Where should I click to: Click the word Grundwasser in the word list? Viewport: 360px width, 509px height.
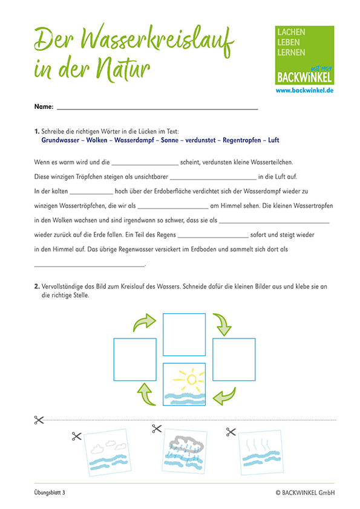pos(61,140)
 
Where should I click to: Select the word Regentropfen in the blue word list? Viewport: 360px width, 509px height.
pos(242,140)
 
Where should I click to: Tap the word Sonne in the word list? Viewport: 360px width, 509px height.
pos(169,140)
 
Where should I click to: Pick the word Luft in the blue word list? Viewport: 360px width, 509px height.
pos(273,140)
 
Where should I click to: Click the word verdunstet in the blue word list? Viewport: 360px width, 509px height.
pos(200,140)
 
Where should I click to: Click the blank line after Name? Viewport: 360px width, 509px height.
pos(157,109)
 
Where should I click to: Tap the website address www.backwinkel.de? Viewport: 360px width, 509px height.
pos(304,90)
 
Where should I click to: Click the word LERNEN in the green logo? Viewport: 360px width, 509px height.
pos(291,52)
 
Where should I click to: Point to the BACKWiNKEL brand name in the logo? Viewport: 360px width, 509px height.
pos(304,77)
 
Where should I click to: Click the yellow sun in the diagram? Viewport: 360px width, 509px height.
pos(191,379)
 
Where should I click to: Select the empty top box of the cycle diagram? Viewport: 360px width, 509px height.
pos(184,334)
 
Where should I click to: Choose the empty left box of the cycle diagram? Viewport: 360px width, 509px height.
pos(135,359)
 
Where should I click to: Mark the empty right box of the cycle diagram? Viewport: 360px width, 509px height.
pos(234,359)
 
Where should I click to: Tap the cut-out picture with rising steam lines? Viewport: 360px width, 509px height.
pos(261,452)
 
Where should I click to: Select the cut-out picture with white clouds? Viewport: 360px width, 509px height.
pos(108,452)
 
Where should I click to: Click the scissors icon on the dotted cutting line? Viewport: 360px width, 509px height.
pos(39,420)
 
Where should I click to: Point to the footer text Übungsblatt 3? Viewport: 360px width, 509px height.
pos(50,493)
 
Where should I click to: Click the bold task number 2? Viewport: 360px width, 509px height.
pos(37,287)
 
